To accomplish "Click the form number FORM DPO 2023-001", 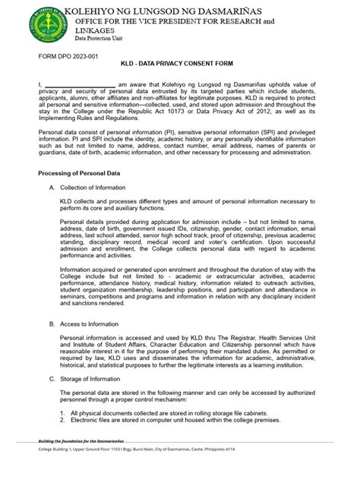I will [71, 58].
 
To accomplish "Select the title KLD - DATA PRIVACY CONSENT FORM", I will [180, 66].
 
